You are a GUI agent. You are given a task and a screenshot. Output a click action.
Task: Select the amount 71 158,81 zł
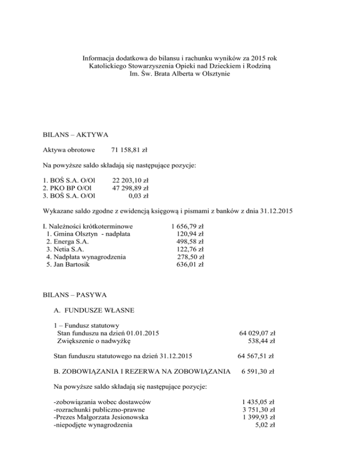pos(129,150)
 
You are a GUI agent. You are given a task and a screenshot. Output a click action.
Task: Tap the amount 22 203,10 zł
pos(130,180)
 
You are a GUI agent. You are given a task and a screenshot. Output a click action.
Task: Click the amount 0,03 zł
pos(140,195)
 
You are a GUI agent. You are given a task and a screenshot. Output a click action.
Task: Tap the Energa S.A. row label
pos(67,241)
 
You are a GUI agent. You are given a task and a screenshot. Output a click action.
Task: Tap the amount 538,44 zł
pos(261,341)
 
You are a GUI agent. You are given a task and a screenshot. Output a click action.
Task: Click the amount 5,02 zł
pos(265,425)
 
